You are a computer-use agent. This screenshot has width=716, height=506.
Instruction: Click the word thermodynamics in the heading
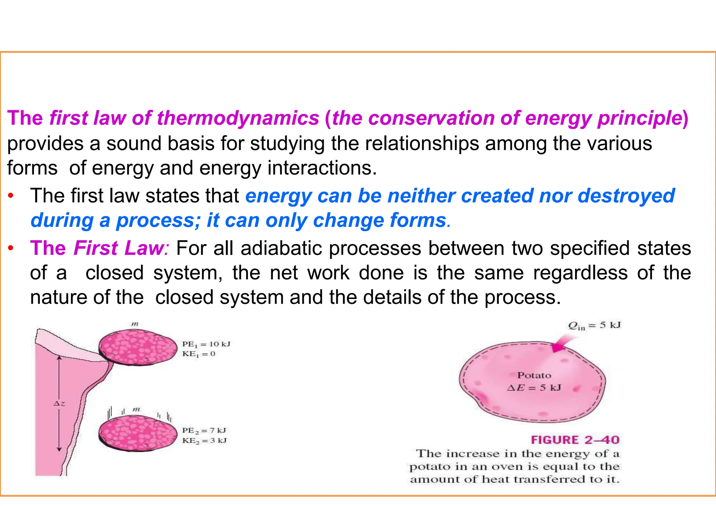coord(238,118)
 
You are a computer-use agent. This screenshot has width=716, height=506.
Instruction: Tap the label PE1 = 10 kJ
coord(206,344)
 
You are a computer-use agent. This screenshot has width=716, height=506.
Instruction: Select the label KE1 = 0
coord(199,354)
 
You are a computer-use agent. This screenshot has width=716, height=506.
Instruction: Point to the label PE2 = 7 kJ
coord(204,430)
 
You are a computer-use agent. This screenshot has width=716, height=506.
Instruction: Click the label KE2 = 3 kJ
coord(204,441)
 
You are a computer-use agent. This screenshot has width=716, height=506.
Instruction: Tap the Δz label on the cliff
coord(59,404)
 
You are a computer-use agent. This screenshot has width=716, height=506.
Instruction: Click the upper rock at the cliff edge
coord(138,347)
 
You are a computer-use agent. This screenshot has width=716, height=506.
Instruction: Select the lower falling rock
coord(138,434)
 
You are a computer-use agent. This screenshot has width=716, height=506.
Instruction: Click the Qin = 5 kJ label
coord(594,326)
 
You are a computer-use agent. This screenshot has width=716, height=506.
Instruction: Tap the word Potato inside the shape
coord(534,376)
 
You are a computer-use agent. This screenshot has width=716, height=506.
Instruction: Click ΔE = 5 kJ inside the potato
coord(534,388)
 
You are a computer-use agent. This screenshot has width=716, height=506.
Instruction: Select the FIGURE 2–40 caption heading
coord(575,440)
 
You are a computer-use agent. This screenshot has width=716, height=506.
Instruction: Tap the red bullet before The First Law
coord(11,249)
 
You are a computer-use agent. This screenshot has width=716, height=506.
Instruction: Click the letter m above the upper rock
coord(135,324)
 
